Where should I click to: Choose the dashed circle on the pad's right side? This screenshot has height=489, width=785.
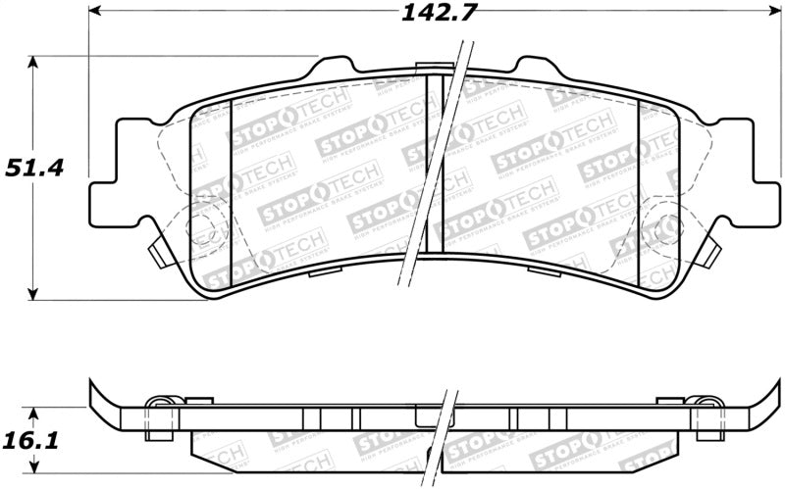(x=655, y=230)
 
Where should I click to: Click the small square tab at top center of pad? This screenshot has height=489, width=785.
(x=428, y=69)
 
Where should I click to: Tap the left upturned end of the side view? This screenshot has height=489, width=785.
(x=98, y=397)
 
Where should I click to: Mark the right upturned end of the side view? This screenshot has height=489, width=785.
(x=760, y=397)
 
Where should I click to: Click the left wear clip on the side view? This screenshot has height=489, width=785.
(x=167, y=403)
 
